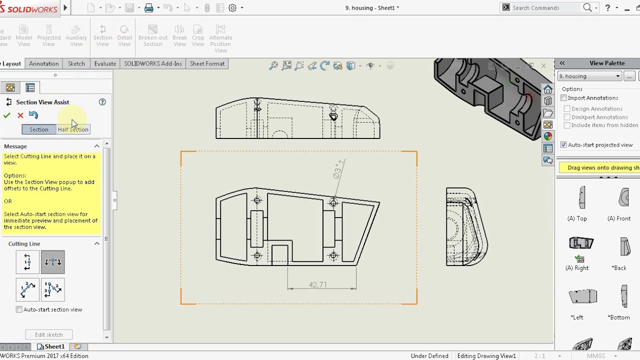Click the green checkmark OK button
tap(7, 115)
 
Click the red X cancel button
tap(20, 115)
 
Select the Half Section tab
tap(73, 129)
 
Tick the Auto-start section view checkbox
tap(19, 309)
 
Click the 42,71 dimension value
tap(317, 284)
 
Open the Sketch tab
tap(76, 63)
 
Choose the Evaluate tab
tap(105, 63)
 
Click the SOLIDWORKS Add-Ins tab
tap(152, 63)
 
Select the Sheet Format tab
tap(207, 63)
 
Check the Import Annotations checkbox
tap(564, 98)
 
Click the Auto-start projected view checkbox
tap(564, 145)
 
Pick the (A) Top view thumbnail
tap(581, 197)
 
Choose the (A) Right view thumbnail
tap(581, 243)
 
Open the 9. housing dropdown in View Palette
tap(589, 76)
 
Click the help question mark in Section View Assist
tap(102, 102)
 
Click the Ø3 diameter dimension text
tap(338, 169)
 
